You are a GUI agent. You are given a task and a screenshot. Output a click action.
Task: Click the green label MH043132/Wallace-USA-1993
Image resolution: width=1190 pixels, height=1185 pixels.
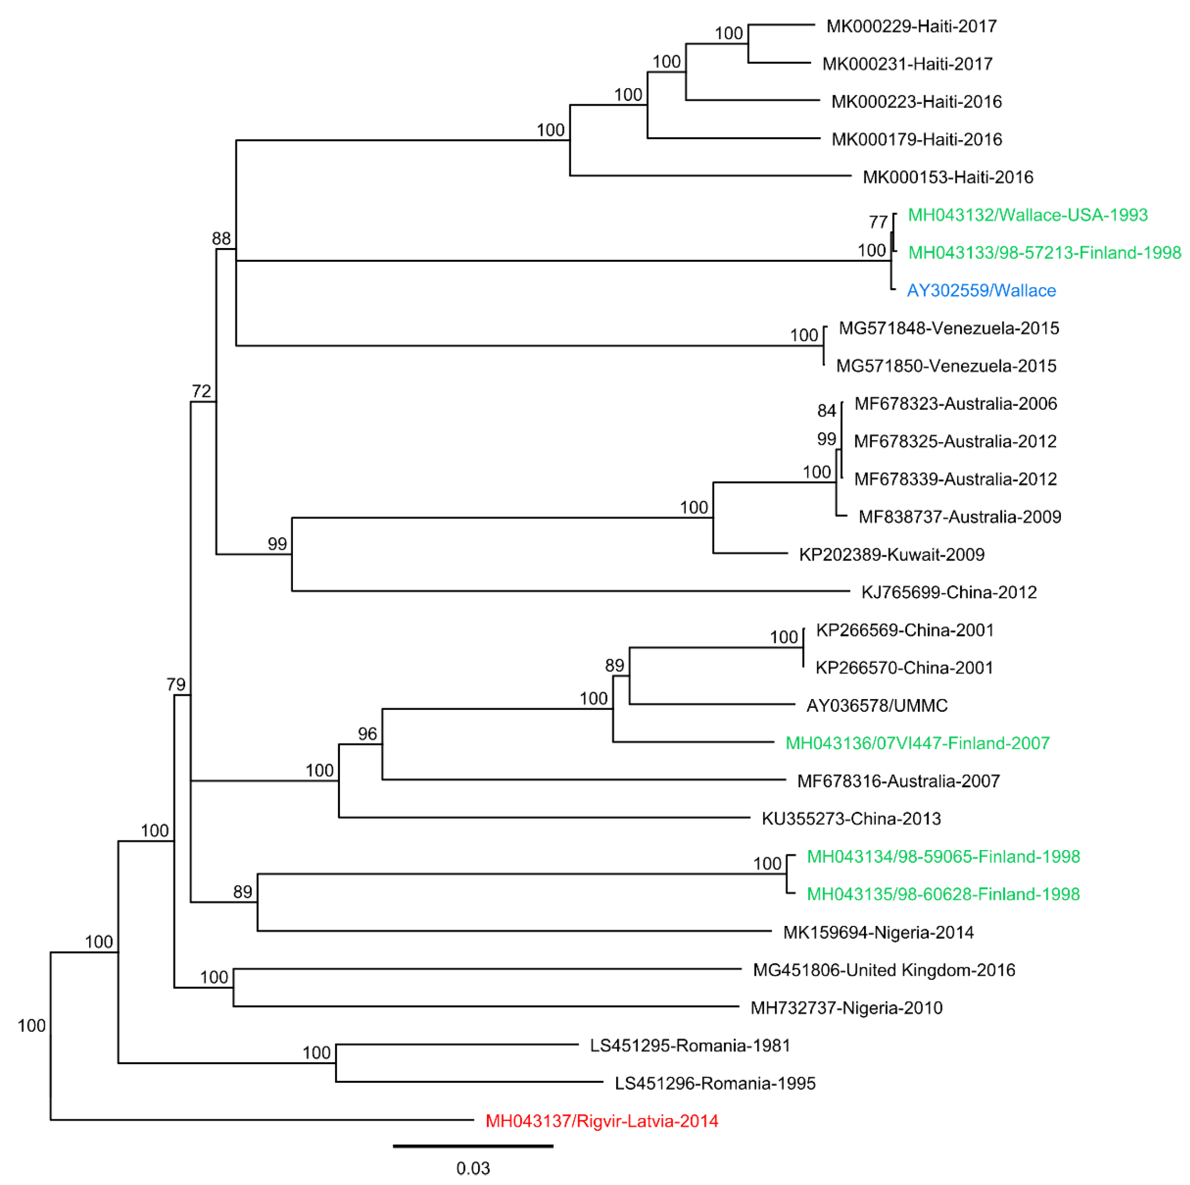tap(1028, 215)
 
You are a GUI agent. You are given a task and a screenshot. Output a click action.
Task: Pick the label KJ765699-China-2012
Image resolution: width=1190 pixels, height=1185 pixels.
tap(948, 592)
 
